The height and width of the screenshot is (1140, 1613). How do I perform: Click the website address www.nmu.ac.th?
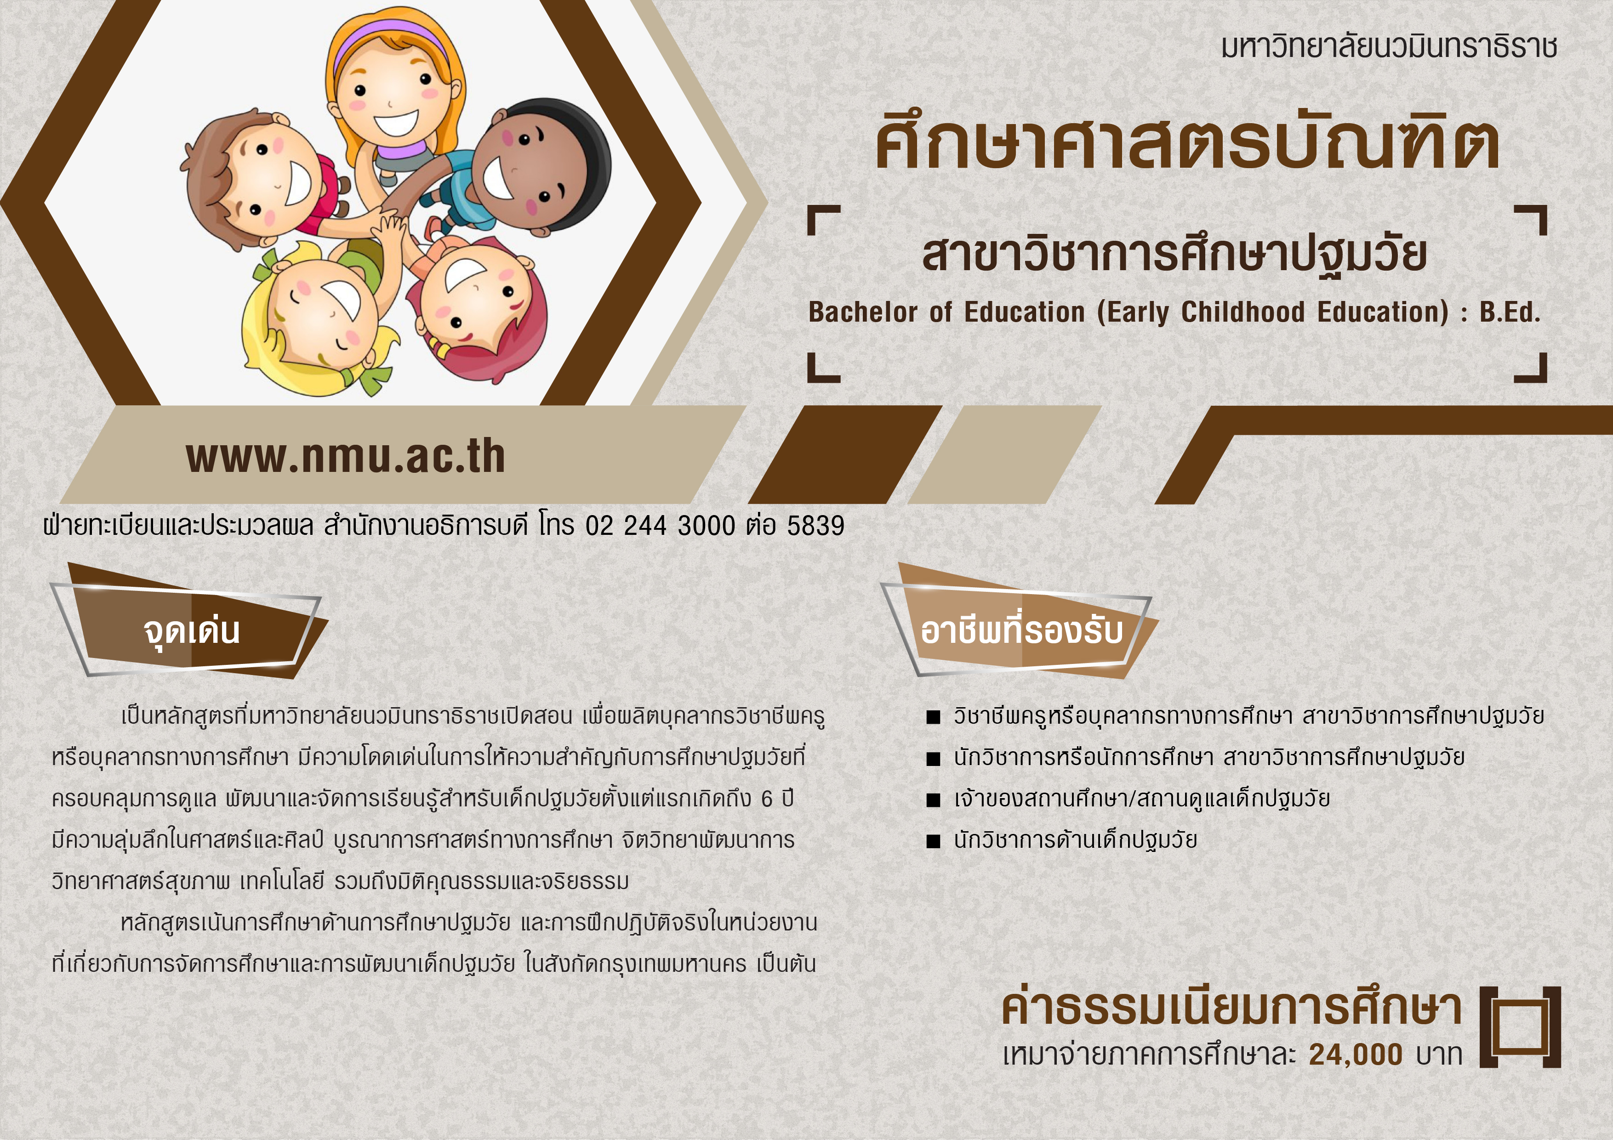[x=346, y=457]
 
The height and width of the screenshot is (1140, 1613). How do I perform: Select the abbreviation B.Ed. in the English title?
[x=1510, y=312]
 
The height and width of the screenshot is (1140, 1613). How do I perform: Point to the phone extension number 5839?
[x=815, y=525]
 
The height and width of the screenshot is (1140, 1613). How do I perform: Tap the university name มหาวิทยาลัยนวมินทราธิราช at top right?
[x=1389, y=46]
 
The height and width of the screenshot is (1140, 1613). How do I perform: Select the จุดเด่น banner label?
[x=191, y=630]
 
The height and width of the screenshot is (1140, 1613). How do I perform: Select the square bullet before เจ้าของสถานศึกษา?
[x=933, y=800]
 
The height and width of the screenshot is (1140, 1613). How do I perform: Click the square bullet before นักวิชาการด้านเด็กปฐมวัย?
[x=933, y=841]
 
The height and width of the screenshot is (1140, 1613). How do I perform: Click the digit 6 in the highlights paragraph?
[x=767, y=799]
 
